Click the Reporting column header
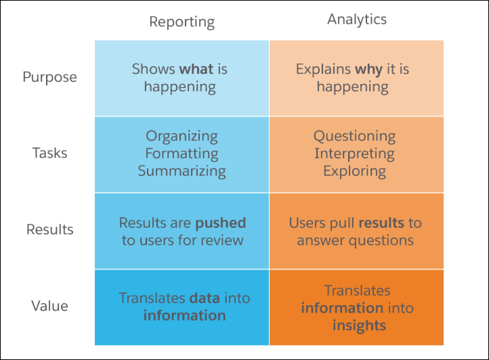tap(182, 22)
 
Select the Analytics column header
tap(357, 20)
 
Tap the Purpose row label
tap(50, 77)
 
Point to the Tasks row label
tap(50, 153)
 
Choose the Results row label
tap(50, 229)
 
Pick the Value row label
tap(50, 306)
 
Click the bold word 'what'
tap(196, 69)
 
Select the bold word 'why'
tap(368, 70)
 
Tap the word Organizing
tap(182, 137)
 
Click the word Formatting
tap(182, 154)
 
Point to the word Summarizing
tap(182, 171)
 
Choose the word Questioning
tap(355, 137)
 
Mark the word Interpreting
tap(354, 154)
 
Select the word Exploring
tap(355, 171)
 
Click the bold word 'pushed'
tap(221, 223)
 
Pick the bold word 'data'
tap(205, 298)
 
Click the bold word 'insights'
tap(359, 325)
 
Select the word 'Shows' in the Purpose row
tap(154, 69)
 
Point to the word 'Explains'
tap(323, 70)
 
